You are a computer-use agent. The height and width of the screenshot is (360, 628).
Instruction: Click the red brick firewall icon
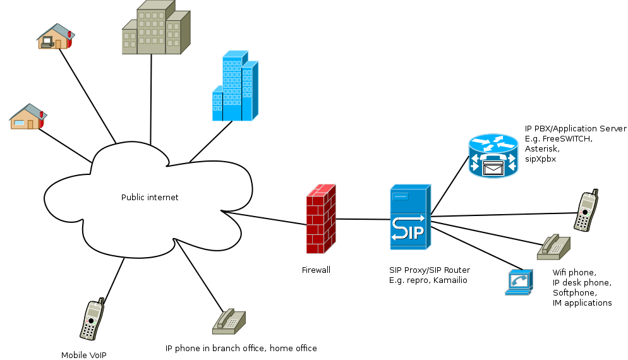point(320,219)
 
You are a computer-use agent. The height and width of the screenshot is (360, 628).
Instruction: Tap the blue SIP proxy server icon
point(409,217)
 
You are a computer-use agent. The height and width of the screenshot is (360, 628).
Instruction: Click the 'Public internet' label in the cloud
point(150,198)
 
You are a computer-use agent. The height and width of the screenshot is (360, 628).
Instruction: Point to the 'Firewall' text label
point(316,270)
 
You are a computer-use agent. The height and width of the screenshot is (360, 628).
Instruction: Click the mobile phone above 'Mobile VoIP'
point(92,320)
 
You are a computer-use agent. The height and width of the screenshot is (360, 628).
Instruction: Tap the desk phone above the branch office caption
point(228,321)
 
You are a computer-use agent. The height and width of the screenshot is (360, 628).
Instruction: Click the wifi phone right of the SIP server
point(587,211)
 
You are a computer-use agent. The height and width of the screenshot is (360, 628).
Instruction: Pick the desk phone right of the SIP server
point(553,247)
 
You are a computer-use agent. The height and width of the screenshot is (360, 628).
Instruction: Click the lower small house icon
point(28,117)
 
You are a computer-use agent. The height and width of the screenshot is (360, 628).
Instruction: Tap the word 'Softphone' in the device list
point(574,293)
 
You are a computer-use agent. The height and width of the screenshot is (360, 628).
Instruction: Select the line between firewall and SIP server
point(363,219)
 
